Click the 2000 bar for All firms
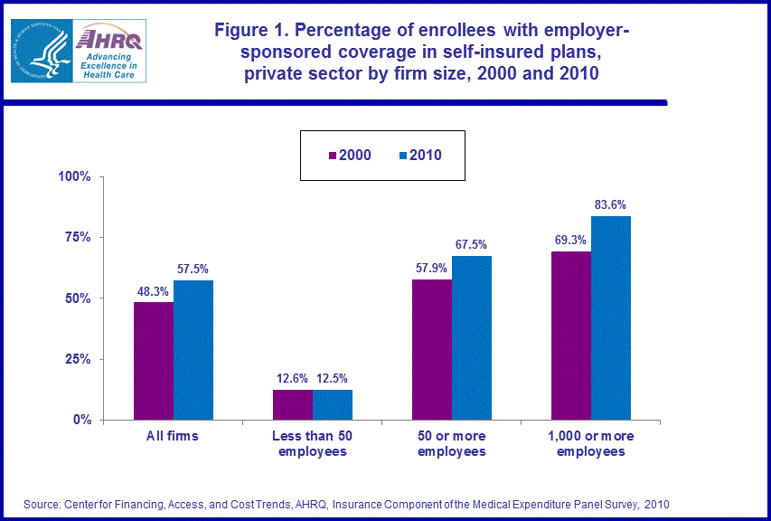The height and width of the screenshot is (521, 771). pyautogui.click(x=154, y=361)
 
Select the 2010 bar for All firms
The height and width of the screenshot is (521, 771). pyautogui.click(x=193, y=350)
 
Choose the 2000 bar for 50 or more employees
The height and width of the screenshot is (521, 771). pyautogui.click(x=432, y=350)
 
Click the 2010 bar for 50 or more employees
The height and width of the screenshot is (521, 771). pyautogui.click(x=472, y=338)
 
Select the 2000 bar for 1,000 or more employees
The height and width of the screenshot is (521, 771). pyautogui.click(x=571, y=336)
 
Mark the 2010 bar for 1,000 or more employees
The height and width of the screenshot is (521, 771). pyautogui.click(x=611, y=318)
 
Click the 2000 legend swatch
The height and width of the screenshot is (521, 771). pyautogui.click(x=332, y=156)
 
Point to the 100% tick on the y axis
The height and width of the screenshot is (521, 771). pyautogui.click(x=75, y=176)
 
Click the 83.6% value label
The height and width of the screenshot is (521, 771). pyautogui.click(x=611, y=204)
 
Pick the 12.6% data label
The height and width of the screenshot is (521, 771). pyautogui.click(x=292, y=378)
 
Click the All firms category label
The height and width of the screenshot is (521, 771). pyautogui.click(x=173, y=436)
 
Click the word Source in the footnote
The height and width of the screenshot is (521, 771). pyautogui.click(x=41, y=503)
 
